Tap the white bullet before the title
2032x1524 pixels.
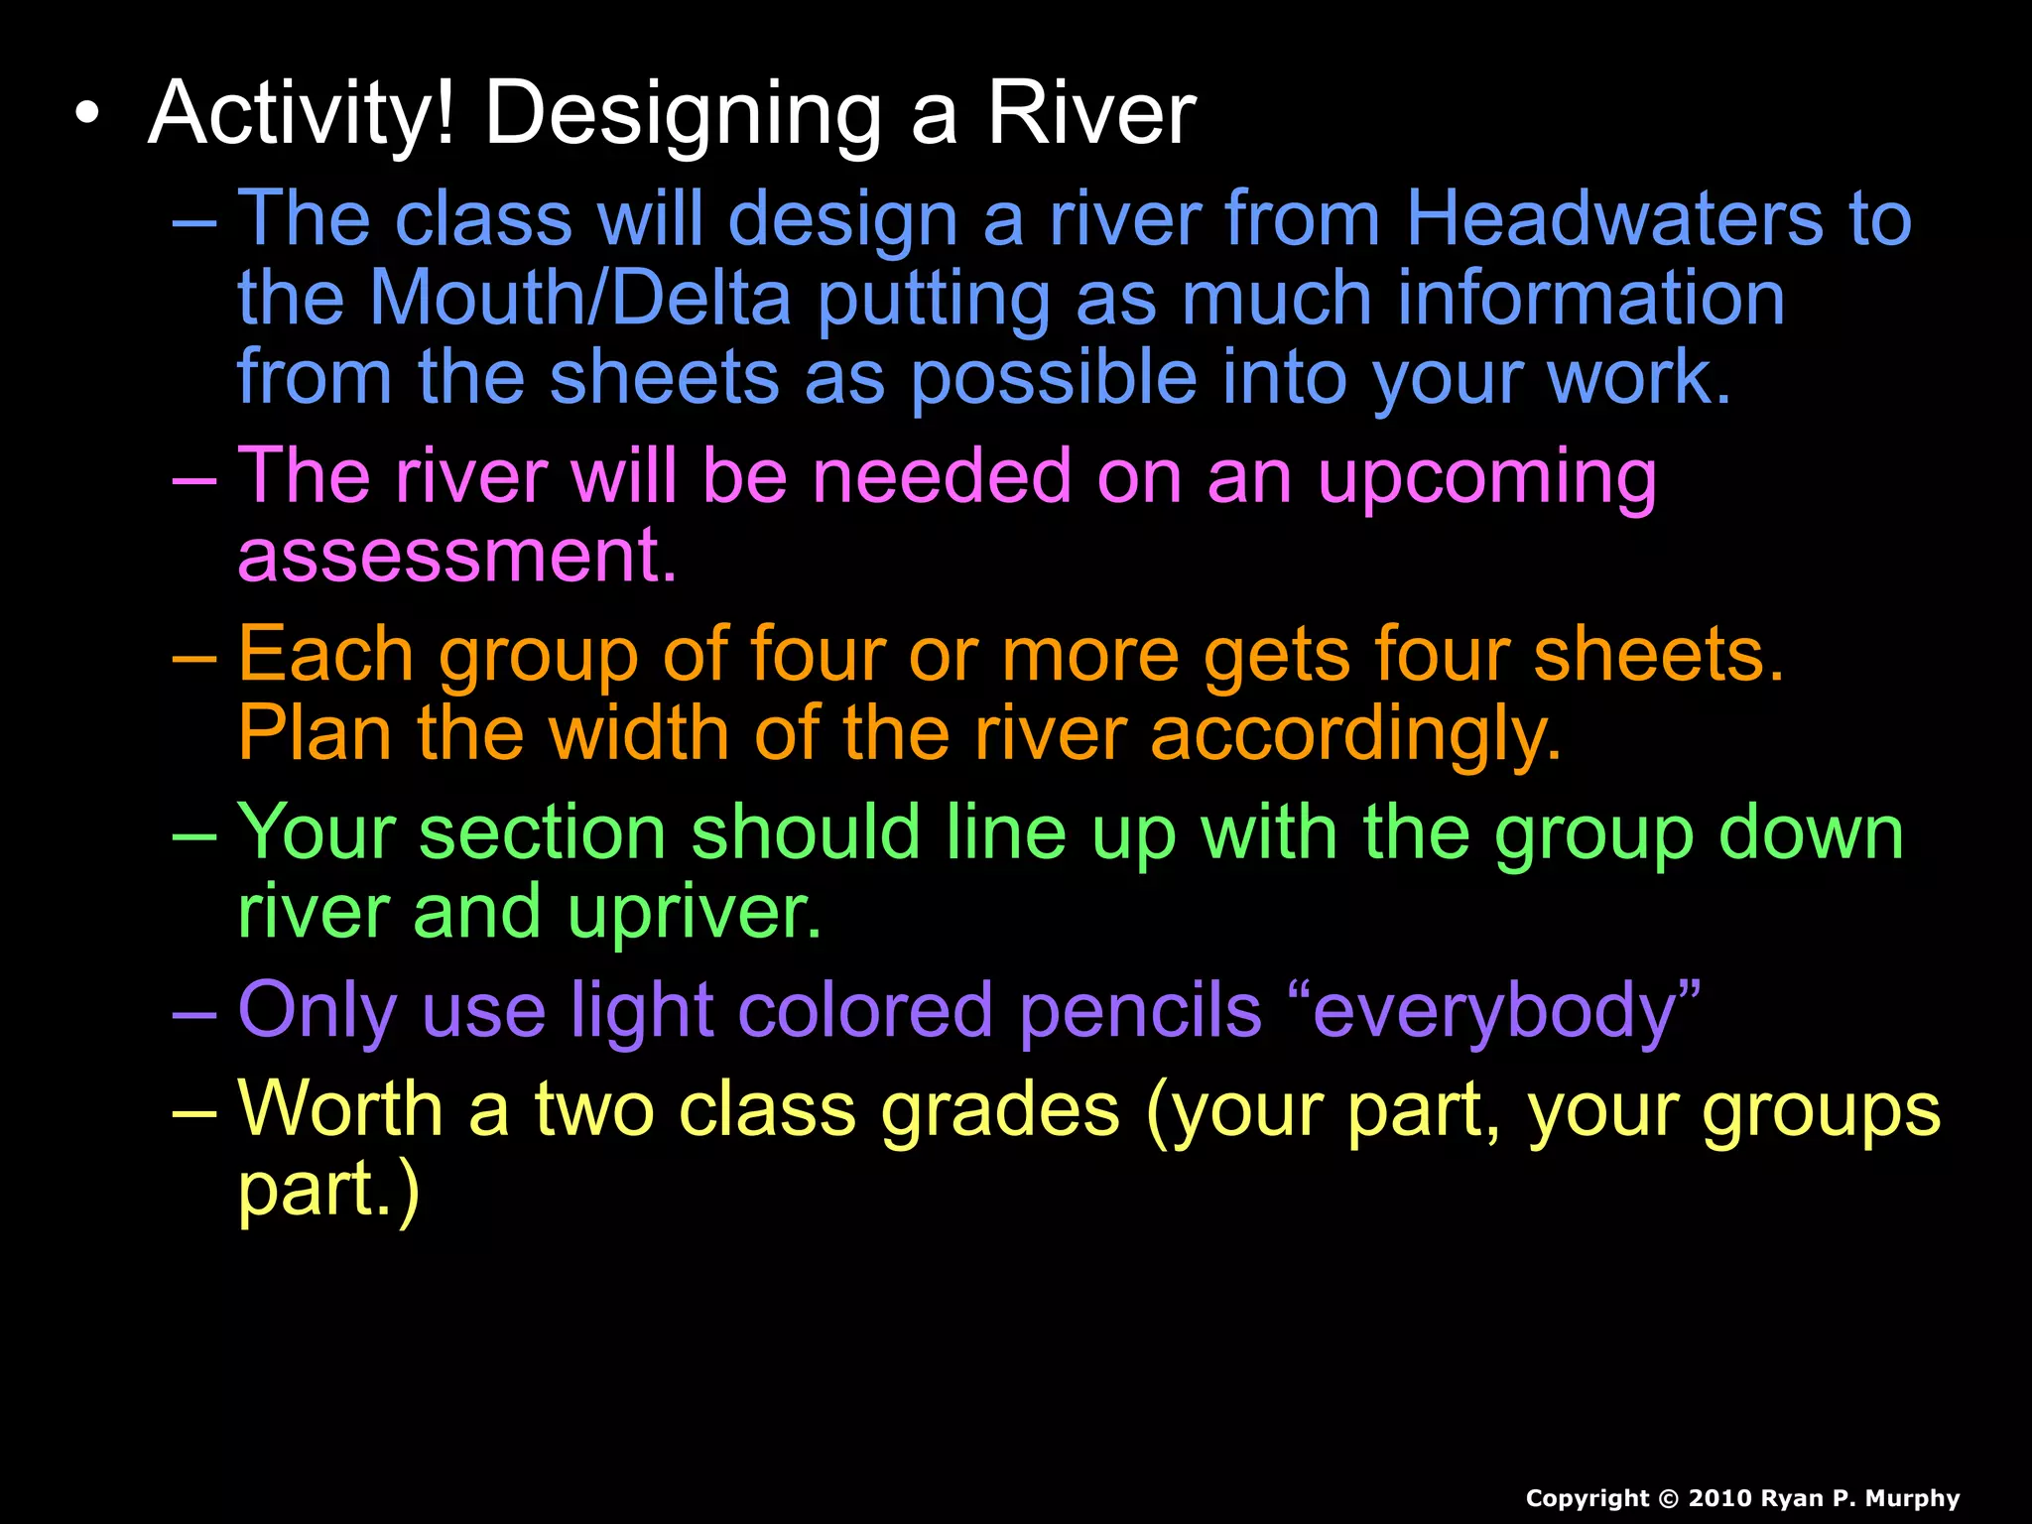[87, 114]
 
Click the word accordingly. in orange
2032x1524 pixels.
[1355, 736]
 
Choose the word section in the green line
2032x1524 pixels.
[542, 833]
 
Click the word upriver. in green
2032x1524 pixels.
[695, 913]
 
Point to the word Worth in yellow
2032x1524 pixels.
[340, 1109]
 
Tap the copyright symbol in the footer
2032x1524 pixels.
[1668, 1499]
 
